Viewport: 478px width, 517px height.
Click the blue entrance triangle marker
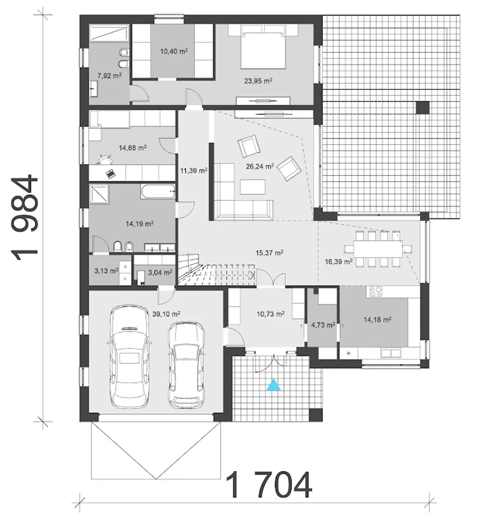(274, 385)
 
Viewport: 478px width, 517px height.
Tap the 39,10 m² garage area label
(166, 314)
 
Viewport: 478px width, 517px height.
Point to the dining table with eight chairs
(378, 249)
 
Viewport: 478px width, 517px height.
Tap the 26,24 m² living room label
(260, 166)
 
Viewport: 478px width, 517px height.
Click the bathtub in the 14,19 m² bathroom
(158, 191)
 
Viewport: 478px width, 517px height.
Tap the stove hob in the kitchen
(374, 291)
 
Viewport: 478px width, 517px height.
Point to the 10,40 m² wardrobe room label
(174, 51)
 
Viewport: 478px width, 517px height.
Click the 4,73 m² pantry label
(323, 325)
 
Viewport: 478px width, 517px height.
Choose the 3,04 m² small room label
(160, 272)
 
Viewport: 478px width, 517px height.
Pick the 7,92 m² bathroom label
(109, 76)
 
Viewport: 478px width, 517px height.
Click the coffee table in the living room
(253, 187)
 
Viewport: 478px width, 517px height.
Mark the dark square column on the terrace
(422, 108)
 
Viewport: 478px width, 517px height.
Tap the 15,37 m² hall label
(269, 252)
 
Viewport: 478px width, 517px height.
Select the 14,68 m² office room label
(133, 148)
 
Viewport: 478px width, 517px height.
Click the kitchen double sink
(391, 353)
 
